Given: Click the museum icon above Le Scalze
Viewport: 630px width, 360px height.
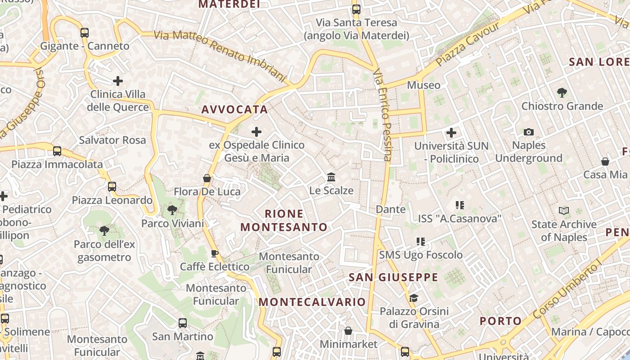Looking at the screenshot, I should tap(331, 177).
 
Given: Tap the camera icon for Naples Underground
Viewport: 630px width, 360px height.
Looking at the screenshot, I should tap(529, 132).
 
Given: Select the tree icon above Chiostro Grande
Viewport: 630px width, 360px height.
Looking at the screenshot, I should tap(562, 93).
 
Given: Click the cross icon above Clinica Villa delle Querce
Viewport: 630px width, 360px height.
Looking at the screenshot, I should tap(118, 81).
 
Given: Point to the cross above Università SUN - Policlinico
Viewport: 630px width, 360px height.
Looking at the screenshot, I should tap(451, 133).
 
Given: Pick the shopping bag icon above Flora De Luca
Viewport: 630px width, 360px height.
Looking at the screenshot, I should tap(207, 178).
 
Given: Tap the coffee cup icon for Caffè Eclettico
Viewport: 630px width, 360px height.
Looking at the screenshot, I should tap(215, 253).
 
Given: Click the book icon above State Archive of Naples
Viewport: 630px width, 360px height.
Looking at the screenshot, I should tap(563, 211).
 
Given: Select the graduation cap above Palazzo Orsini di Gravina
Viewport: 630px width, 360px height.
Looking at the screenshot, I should tap(414, 298).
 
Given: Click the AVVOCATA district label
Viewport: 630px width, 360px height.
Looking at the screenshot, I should tap(234, 109).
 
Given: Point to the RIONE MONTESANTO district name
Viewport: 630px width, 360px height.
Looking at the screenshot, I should tap(284, 220).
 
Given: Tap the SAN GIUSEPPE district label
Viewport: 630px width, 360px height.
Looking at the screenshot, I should tap(393, 277).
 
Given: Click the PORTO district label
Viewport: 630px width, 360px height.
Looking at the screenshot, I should tap(500, 321).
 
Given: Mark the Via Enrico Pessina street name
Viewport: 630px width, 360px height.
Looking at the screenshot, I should tap(383, 115).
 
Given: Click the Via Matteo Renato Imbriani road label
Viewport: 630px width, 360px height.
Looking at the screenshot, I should tap(220, 56).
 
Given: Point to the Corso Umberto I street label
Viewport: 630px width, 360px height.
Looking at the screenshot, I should tap(568, 290).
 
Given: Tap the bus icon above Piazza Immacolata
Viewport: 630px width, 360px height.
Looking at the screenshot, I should tap(57, 151).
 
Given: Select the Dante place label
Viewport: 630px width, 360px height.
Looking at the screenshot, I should tap(391, 209).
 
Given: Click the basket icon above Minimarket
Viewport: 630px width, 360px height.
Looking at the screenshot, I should tap(348, 331).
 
